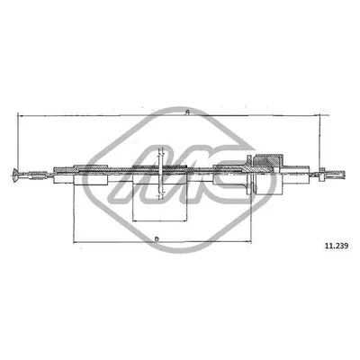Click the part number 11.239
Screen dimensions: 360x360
(x=337, y=246)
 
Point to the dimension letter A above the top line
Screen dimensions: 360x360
(x=187, y=112)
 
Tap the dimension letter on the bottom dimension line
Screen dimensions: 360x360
(x=157, y=239)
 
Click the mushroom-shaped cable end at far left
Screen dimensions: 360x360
(x=15, y=175)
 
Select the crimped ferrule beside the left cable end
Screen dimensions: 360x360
(x=38, y=175)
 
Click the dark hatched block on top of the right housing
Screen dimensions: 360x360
(x=268, y=159)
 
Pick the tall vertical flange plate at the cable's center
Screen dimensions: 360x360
(x=160, y=174)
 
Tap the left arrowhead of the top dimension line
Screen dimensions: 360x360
(x=21, y=115)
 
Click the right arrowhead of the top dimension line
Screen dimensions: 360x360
(x=317, y=115)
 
